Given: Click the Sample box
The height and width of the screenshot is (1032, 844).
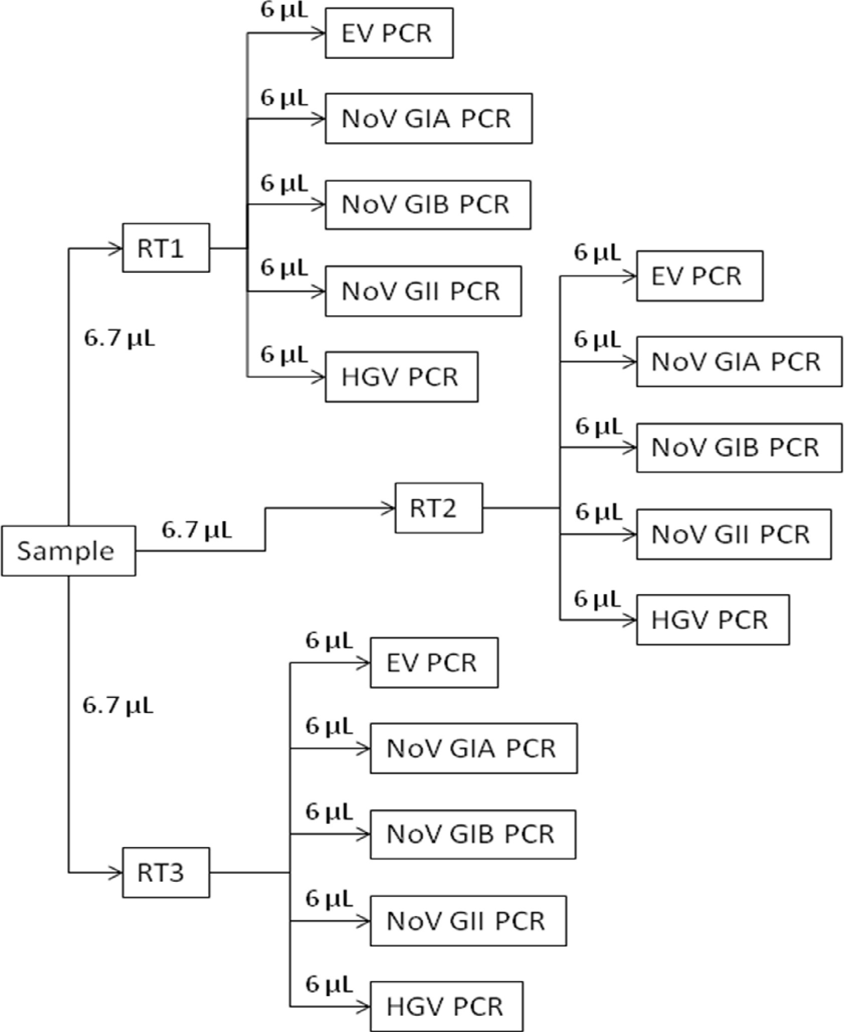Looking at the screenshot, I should [68, 551].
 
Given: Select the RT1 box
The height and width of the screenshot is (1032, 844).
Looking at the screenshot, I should [166, 248].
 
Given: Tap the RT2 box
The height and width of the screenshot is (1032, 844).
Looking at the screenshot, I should [439, 508].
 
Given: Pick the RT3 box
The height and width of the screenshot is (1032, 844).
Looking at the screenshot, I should [166, 872].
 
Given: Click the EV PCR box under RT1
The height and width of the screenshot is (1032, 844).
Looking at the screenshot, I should [389, 33].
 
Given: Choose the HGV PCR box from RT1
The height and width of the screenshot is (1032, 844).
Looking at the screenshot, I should [401, 377].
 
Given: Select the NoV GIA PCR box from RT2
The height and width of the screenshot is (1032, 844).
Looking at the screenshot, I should [739, 361].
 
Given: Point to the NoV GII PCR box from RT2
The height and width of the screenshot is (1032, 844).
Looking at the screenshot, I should [733, 535].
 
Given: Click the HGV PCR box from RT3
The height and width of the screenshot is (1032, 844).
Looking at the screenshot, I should [446, 1006].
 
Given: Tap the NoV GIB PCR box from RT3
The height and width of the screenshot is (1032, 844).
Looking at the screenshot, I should [473, 834].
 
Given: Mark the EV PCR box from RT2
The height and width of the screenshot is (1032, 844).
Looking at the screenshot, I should [699, 276].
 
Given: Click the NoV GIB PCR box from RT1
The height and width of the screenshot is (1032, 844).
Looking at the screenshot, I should [428, 205].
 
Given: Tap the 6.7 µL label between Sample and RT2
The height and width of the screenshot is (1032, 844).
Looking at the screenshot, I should [197, 530].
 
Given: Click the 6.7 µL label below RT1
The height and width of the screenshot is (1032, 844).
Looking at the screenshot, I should [119, 339].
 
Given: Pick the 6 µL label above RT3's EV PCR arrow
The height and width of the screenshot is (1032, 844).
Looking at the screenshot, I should [329, 641].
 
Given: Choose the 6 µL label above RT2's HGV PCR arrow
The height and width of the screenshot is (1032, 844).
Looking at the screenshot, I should [598, 599].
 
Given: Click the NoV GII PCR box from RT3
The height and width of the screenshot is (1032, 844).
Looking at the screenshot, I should [468, 921].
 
